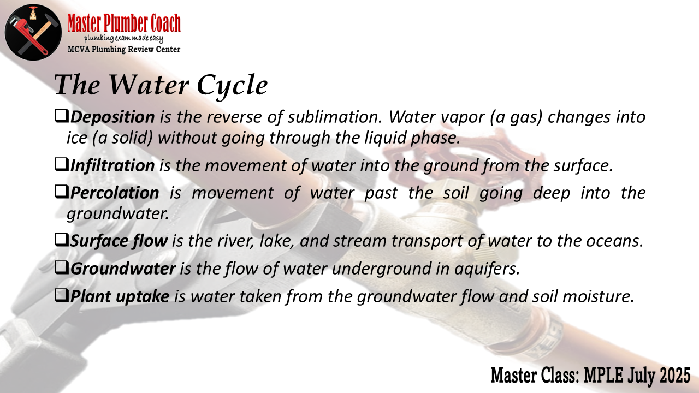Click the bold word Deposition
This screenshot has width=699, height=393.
tap(112, 117)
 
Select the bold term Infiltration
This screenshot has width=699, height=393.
tap(112, 165)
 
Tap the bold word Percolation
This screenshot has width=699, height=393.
tap(115, 193)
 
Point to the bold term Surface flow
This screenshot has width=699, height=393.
tap(119, 241)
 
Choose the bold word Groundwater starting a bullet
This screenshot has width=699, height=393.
tap(123, 269)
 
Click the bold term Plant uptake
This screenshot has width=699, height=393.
tap(120, 296)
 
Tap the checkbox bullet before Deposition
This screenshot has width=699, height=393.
tap(61, 116)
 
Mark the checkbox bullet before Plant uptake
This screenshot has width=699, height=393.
tap(61, 295)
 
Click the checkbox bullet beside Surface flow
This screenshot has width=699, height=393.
tap(61, 240)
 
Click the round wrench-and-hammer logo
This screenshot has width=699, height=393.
tap(33, 32)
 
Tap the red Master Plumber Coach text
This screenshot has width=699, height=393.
tap(124, 23)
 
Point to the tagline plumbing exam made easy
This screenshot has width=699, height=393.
tap(123, 39)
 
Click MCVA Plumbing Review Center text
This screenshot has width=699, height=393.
tap(124, 49)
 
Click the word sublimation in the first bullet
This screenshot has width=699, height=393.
tap(335, 117)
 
